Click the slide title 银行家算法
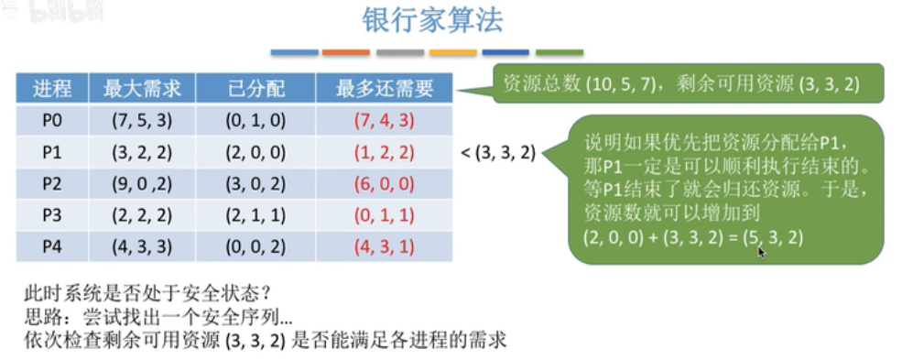pos(432,20)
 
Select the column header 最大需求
pos(142,89)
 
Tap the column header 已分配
pos(256,89)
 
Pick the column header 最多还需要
pos(385,89)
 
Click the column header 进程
pos(52,89)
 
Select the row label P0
pos(52,120)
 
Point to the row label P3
pos(52,215)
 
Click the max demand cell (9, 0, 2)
pos(142,184)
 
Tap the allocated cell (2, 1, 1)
pos(256,215)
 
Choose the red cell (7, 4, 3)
pos(385,121)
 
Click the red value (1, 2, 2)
pos(385,152)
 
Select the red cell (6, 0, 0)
pos(385,184)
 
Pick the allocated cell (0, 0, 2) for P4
pos(256,247)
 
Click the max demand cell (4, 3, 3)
pos(142,247)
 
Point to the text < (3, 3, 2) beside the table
pos(499,153)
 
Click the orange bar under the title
pos(346,52)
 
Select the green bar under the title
pos(560,52)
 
